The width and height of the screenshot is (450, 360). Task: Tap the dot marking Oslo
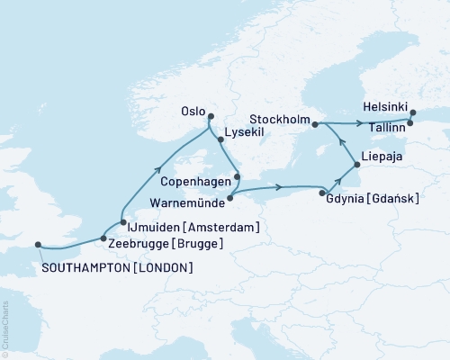[211, 116]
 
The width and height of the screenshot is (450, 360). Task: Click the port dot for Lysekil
[220, 140]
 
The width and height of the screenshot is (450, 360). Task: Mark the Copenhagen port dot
[238, 176]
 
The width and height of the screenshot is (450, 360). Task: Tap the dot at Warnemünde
[230, 197]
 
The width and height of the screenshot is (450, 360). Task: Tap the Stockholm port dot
[315, 126]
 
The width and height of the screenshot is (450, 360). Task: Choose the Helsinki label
[386, 104]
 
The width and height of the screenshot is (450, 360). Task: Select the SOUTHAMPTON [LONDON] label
[116, 268]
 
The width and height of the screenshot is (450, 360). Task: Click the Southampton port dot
[38, 243]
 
